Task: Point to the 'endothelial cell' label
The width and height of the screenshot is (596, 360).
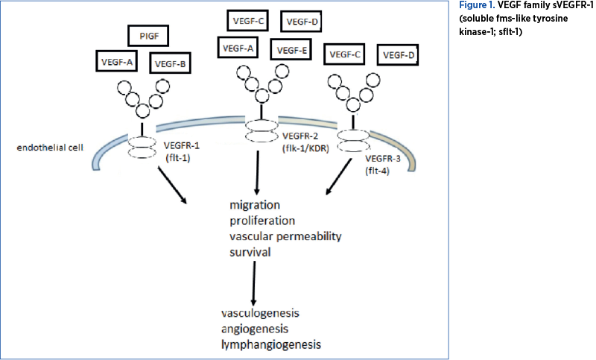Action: click(51, 147)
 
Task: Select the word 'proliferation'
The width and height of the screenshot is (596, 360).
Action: click(263, 221)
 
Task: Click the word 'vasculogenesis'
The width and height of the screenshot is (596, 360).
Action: click(261, 312)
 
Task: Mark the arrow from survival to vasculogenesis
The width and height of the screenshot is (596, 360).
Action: click(255, 282)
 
